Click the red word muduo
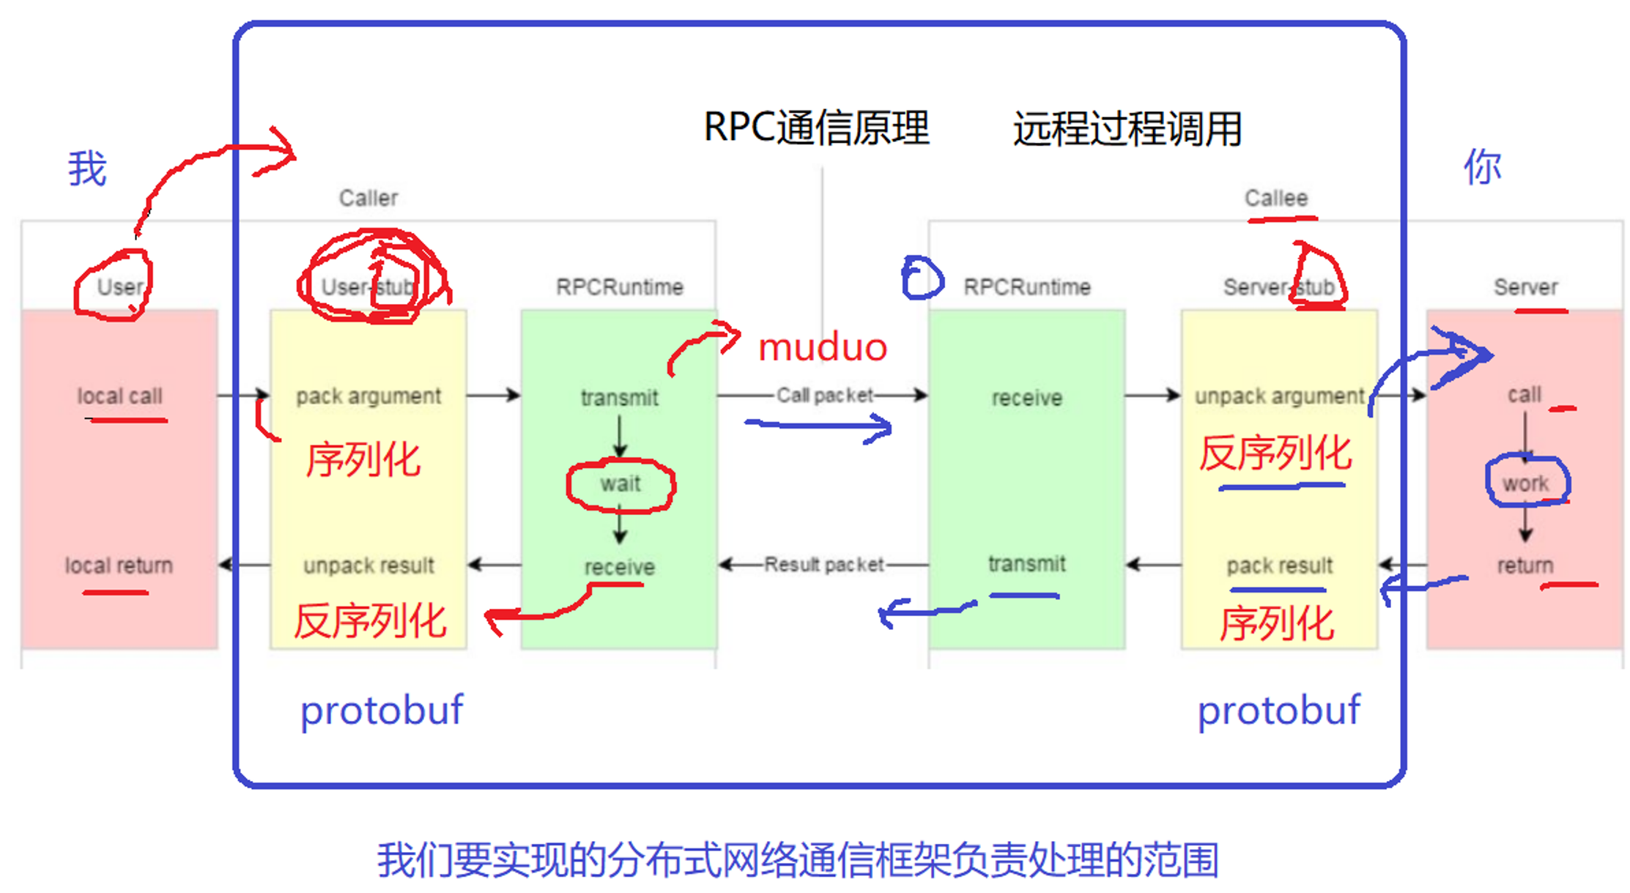point(822,347)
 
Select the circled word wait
point(620,483)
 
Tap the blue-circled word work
point(1526,483)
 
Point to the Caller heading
point(368,198)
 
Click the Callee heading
point(1276,198)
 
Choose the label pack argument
point(368,396)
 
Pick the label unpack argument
point(1279,396)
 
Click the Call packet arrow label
point(824,396)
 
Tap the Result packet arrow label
point(824,565)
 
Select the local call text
point(119,396)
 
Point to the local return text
point(119,566)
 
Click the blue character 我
point(87,168)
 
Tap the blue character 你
point(1482,167)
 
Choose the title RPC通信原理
point(816,127)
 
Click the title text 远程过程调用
point(1127,129)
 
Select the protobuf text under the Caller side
point(382,710)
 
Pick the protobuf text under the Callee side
point(1278,710)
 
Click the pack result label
point(1279,566)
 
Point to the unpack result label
point(368,566)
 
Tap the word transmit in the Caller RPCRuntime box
point(620,398)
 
